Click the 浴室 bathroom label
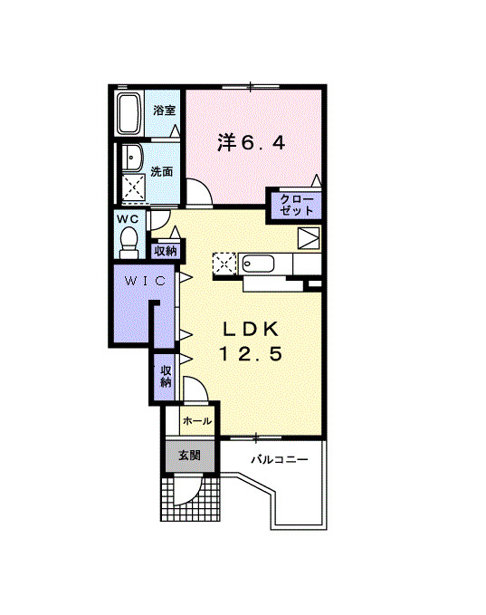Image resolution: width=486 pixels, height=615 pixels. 164,111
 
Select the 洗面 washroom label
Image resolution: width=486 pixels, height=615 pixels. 162,171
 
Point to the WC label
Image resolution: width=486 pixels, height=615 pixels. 126,219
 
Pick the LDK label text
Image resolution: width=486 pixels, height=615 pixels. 251,327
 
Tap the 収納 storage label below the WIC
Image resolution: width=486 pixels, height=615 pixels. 166,376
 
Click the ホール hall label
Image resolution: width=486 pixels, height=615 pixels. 196,421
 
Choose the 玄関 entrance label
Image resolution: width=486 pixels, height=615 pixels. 189,455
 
